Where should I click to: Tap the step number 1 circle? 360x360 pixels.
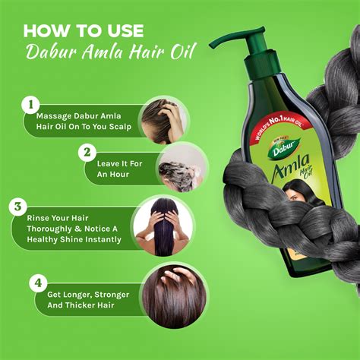pos(31,103)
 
